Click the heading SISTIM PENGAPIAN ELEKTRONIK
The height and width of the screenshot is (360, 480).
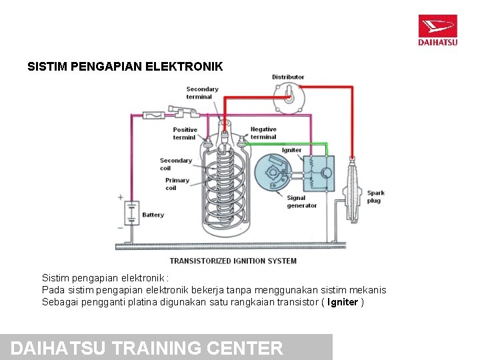pos(125,67)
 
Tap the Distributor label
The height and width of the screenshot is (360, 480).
pos(288,77)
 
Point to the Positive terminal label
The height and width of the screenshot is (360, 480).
pos(185,133)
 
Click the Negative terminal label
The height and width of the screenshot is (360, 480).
pos(263,133)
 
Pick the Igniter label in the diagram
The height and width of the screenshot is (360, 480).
pos(291,150)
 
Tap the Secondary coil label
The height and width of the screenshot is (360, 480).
pos(175,164)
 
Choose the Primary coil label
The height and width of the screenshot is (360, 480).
pos(177,184)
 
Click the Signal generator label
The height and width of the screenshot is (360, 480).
pos(301,201)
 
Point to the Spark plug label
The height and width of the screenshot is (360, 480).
pos(375,197)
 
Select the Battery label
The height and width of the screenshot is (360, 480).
pos(153,215)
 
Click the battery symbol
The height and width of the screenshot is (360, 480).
pos(131,213)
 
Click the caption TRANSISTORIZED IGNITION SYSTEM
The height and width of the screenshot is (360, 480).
pos(233,261)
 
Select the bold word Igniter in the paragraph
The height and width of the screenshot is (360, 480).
pos(343,302)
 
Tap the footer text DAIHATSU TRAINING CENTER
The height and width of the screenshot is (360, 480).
pos(147,348)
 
